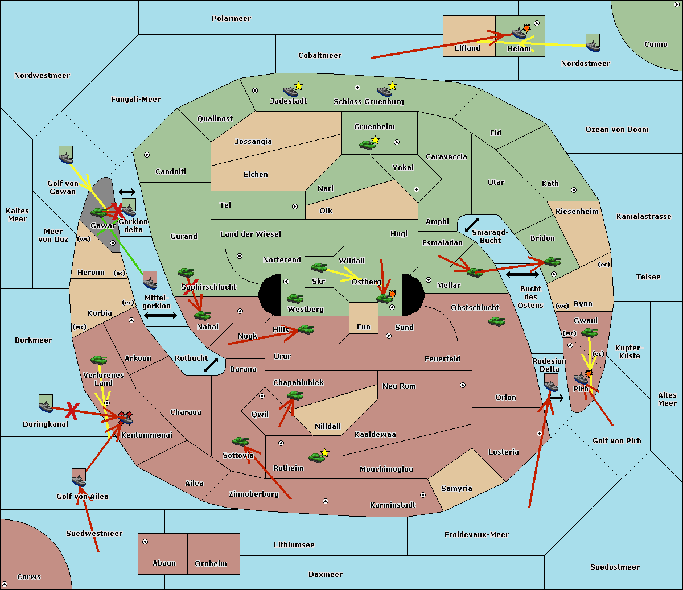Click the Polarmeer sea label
[231, 19]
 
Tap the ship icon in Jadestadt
[290, 91]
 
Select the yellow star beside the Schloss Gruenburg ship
[393, 86]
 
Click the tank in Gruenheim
[367, 145]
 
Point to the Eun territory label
[364, 327]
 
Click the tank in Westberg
[295, 299]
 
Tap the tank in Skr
[319, 267]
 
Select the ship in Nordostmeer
[593, 43]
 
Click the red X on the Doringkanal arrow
[72, 411]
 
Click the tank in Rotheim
[316, 457]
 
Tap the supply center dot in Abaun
[145, 542]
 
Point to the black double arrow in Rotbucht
[211, 365]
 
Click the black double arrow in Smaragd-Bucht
[472, 225]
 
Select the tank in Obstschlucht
[497, 321]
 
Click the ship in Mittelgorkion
[150, 280]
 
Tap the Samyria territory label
[456, 488]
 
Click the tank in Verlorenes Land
[99, 360]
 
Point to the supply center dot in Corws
[5, 584]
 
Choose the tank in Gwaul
[590, 333]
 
